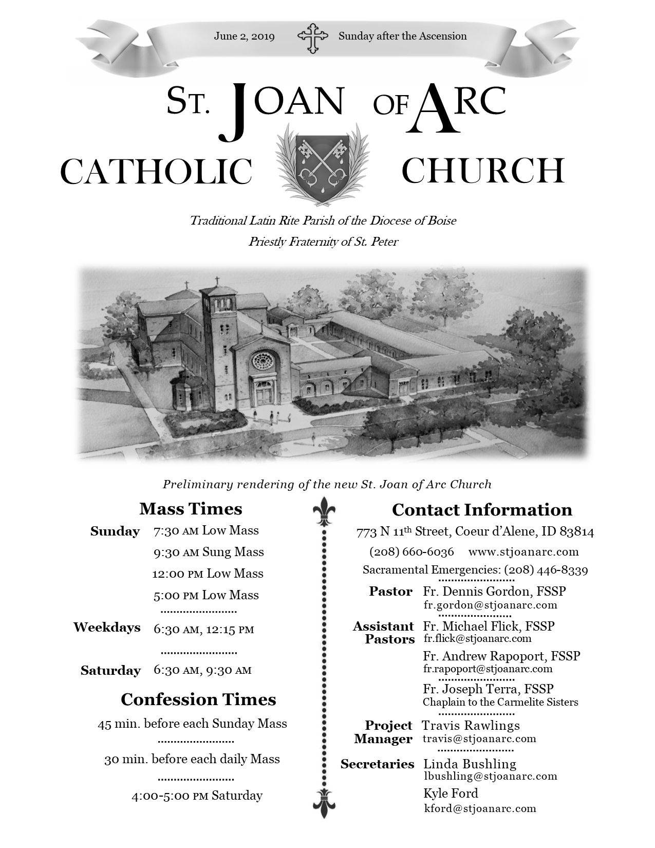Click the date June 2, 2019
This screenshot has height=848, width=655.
[244, 36]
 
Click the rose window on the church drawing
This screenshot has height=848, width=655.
[262, 361]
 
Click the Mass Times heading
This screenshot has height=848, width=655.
[191, 509]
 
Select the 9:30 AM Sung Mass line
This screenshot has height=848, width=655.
[208, 552]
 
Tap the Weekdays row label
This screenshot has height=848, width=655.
[107, 628]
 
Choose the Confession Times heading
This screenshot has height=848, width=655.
[198, 699]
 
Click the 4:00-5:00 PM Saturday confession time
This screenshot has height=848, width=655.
[197, 796]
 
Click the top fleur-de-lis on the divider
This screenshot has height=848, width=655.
[324, 511]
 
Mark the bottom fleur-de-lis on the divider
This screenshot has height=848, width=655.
[324, 802]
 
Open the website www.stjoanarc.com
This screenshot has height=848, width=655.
[523, 552]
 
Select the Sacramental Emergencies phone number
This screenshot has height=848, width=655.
[546, 569]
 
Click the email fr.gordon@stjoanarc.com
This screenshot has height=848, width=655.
[490, 605]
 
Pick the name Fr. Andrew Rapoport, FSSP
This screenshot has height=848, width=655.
[501, 656]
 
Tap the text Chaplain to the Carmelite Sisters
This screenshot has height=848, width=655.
[500, 702]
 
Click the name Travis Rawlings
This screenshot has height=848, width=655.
[471, 726]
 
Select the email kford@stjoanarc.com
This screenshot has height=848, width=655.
[480, 808]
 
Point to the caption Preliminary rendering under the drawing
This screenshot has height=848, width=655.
[327, 484]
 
